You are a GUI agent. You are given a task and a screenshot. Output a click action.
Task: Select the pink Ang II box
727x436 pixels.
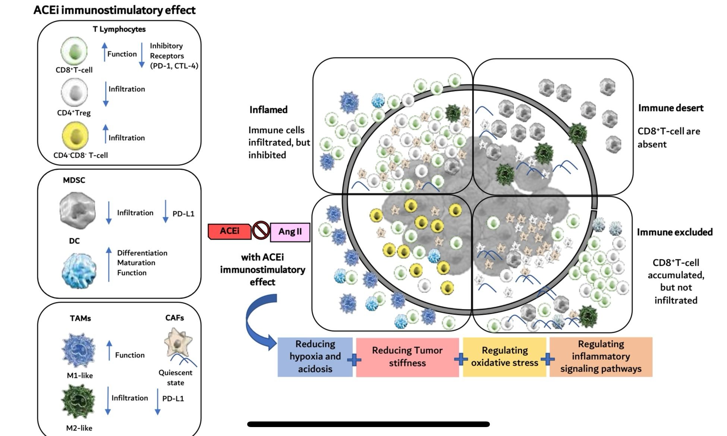point(290,232)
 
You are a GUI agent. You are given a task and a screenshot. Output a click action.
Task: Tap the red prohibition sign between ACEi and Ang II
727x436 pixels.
point(261,230)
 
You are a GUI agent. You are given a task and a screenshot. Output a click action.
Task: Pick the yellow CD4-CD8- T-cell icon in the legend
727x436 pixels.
point(75,136)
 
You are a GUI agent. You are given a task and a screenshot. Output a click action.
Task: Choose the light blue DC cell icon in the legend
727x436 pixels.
point(79,270)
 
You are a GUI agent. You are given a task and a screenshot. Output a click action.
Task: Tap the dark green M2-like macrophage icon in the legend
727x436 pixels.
point(78,401)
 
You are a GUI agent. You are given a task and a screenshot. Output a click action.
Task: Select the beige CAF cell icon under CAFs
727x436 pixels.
point(178,342)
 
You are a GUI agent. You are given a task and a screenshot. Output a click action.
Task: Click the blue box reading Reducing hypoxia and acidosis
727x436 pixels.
point(315,357)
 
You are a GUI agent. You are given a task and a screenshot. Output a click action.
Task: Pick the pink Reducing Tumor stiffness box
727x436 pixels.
point(407,357)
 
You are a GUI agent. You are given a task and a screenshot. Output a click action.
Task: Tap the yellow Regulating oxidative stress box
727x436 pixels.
point(504,357)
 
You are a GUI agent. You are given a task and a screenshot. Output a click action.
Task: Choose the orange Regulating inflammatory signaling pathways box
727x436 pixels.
point(601,357)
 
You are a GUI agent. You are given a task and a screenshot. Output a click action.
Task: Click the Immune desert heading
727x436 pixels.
point(671,108)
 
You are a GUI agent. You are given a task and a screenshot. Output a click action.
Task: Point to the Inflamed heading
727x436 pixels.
point(268,110)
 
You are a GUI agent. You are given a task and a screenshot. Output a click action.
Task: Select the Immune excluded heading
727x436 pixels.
point(674,232)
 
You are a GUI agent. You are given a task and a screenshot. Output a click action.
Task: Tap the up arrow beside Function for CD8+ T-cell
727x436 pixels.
point(105,52)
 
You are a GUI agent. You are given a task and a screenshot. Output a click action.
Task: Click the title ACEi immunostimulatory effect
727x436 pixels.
point(114,10)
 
